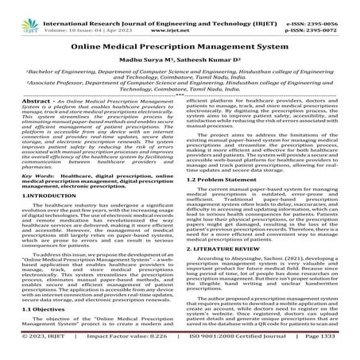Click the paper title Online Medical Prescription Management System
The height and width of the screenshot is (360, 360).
180,46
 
